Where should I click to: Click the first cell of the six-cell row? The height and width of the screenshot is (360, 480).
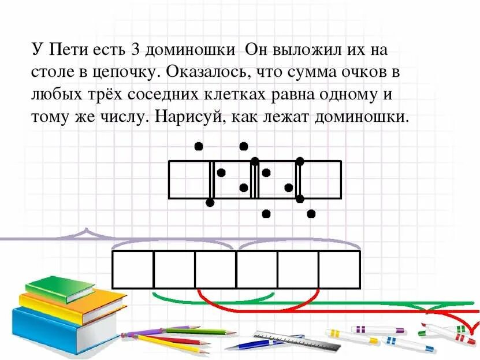coord(133,269)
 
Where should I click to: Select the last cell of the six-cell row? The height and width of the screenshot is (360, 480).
coord(340,269)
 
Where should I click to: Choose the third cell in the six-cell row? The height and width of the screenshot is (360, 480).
coord(215,269)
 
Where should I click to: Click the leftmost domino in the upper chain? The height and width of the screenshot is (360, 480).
coord(191,180)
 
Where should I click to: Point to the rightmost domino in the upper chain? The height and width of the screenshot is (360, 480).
coord(319,180)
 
